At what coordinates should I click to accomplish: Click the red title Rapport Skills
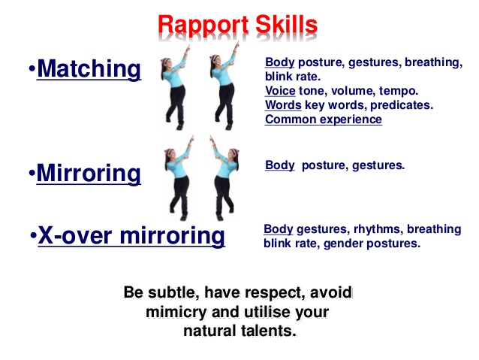tap(238, 25)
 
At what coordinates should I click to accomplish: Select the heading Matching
tap(89, 69)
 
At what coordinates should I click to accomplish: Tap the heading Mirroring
tap(89, 174)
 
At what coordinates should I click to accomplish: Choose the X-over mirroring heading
tap(131, 235)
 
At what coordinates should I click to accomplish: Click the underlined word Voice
tap(280, 91)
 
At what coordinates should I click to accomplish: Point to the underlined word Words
tap(283, 105)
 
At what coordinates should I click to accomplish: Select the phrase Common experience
tap(324, 119)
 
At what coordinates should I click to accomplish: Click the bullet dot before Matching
tap(32, 68)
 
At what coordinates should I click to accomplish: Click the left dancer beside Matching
tap(175, 87)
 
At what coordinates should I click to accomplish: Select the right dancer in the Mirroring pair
tap(224, 178)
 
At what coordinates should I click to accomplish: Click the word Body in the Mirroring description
tap(280, 165)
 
